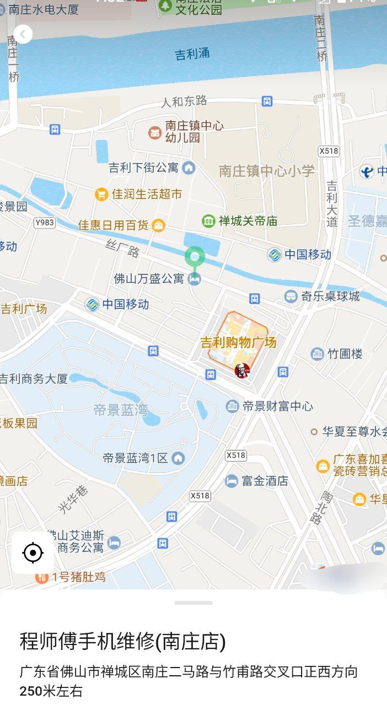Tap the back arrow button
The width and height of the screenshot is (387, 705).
tap(23, 34)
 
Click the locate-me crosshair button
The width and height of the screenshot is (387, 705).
tap(33, 552)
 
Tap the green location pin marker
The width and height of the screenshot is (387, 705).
tap(194, 257)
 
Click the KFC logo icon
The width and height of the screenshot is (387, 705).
tap(242, 371)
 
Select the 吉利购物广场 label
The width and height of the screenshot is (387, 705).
tap(238, 343)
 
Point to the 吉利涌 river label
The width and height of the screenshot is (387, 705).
tap(192, 54)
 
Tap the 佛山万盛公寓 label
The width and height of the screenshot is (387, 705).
tap(149, 279)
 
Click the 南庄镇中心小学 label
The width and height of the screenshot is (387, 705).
tap(267, 171)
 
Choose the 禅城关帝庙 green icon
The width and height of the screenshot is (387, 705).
tap(208, 221)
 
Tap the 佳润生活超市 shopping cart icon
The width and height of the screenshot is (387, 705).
tap(101, 194)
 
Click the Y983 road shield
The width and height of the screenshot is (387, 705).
tap(44, 222)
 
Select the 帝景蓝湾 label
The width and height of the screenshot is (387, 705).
tap(121, 410)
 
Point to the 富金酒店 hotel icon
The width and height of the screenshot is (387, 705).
tap(232, 481)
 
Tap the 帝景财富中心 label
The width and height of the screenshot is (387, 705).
tap(277, 406)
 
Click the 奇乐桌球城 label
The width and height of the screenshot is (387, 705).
tap(330, 296)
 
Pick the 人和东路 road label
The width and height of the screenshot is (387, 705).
tap(184, 101)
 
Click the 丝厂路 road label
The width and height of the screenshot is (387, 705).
tap(123, 249)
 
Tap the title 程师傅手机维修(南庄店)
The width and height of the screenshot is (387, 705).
tap(123, 642)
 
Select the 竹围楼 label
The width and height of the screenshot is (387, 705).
tap(345, 354)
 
